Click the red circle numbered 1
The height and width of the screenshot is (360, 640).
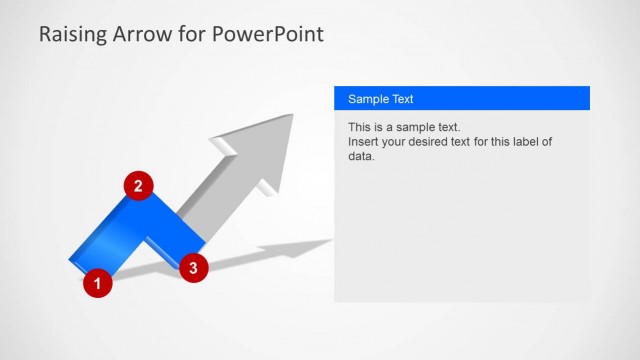(x=97, y=283)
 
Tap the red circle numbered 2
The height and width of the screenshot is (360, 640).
(x=138, y=185)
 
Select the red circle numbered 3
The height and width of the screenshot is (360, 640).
(x=193, y=266)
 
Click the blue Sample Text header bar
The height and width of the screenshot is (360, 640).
(x=461, y=99)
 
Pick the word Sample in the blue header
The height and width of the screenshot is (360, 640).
(x=367, y=99)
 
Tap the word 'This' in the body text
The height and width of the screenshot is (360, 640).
(x=360, y=128)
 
